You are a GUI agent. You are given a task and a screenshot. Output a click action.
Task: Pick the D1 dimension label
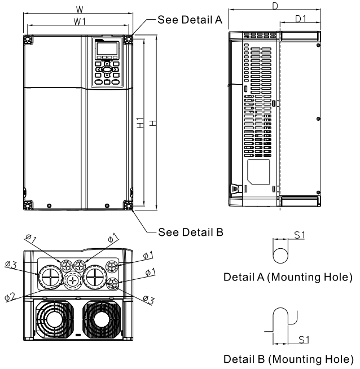pyautogui.click(x=301, y=20)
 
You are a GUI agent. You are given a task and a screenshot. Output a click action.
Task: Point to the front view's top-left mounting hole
pyautogui.click(x=27, y=39)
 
